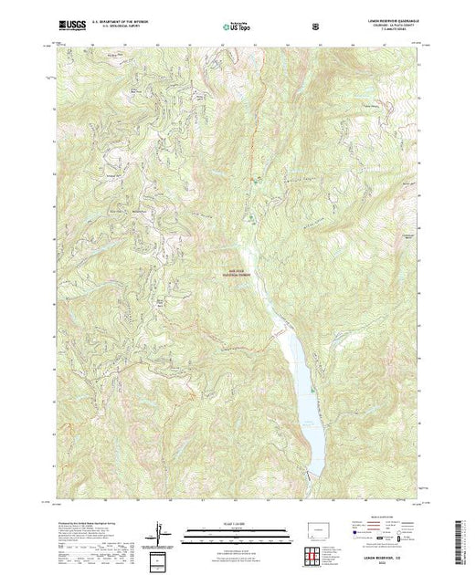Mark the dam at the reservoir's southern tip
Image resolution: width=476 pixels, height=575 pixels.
coord(312,476)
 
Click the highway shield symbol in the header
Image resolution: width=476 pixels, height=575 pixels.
coord(315,27)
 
